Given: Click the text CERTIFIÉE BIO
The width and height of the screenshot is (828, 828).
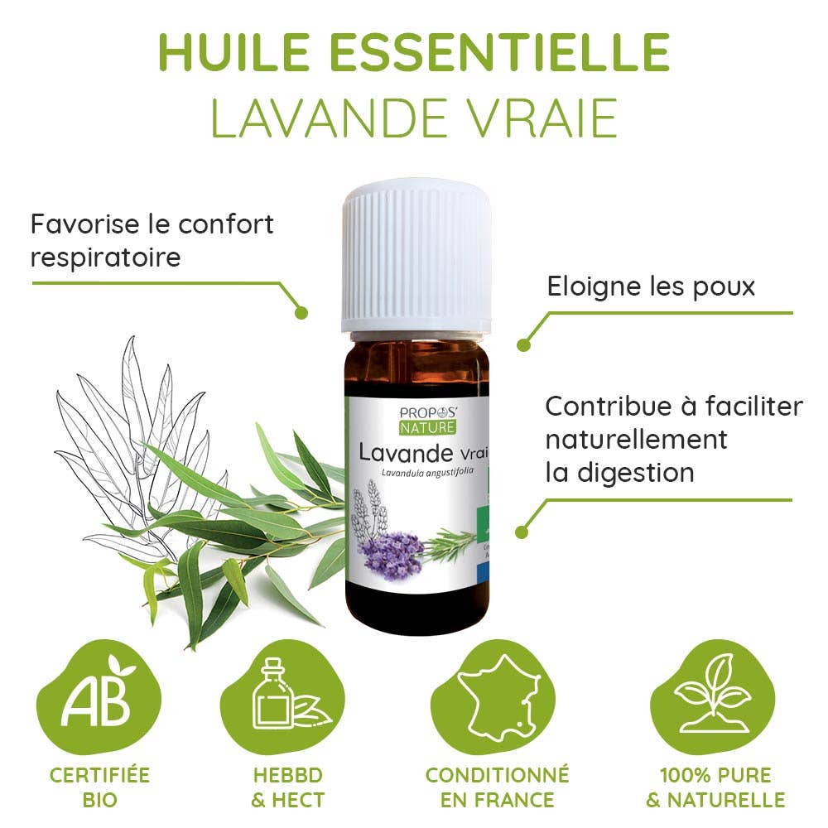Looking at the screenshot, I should (100, 787).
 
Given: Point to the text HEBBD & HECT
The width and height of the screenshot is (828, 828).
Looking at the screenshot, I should (287, 787).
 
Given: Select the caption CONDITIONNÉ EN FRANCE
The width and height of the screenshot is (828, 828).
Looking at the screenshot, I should (498, 787).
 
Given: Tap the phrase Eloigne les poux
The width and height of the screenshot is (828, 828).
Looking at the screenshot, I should (651, 286).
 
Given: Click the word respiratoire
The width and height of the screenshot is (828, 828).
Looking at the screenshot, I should (105, 257).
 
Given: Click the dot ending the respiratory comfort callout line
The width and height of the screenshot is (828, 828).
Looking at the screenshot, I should (301, 313).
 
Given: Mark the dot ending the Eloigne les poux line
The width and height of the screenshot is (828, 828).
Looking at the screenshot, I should (523, 344).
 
